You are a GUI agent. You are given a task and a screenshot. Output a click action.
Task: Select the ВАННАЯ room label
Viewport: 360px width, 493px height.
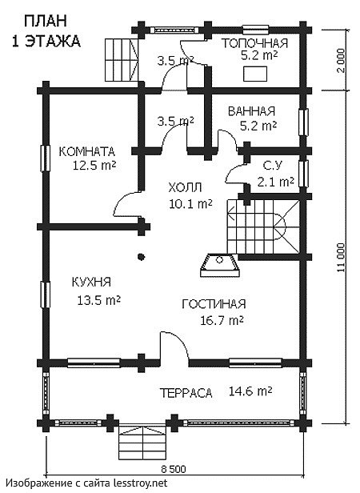pyautogui.click(x=251, y=111)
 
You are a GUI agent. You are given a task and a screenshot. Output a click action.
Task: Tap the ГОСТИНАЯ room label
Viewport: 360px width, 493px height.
pyautogui.click(x=213, y=303)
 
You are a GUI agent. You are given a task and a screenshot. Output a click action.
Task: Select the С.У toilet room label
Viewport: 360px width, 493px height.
pyautogui.click(x=272, y=165)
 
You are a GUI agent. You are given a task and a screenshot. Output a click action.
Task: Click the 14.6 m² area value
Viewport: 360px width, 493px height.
pyautogui.click(x=250, y=391)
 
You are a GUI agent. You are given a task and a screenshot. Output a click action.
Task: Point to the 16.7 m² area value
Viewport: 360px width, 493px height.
pyautogui.click(x=221, y=320)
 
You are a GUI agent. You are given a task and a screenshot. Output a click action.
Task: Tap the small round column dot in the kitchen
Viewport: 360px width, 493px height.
pyautogui.click(x=141, y=256)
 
